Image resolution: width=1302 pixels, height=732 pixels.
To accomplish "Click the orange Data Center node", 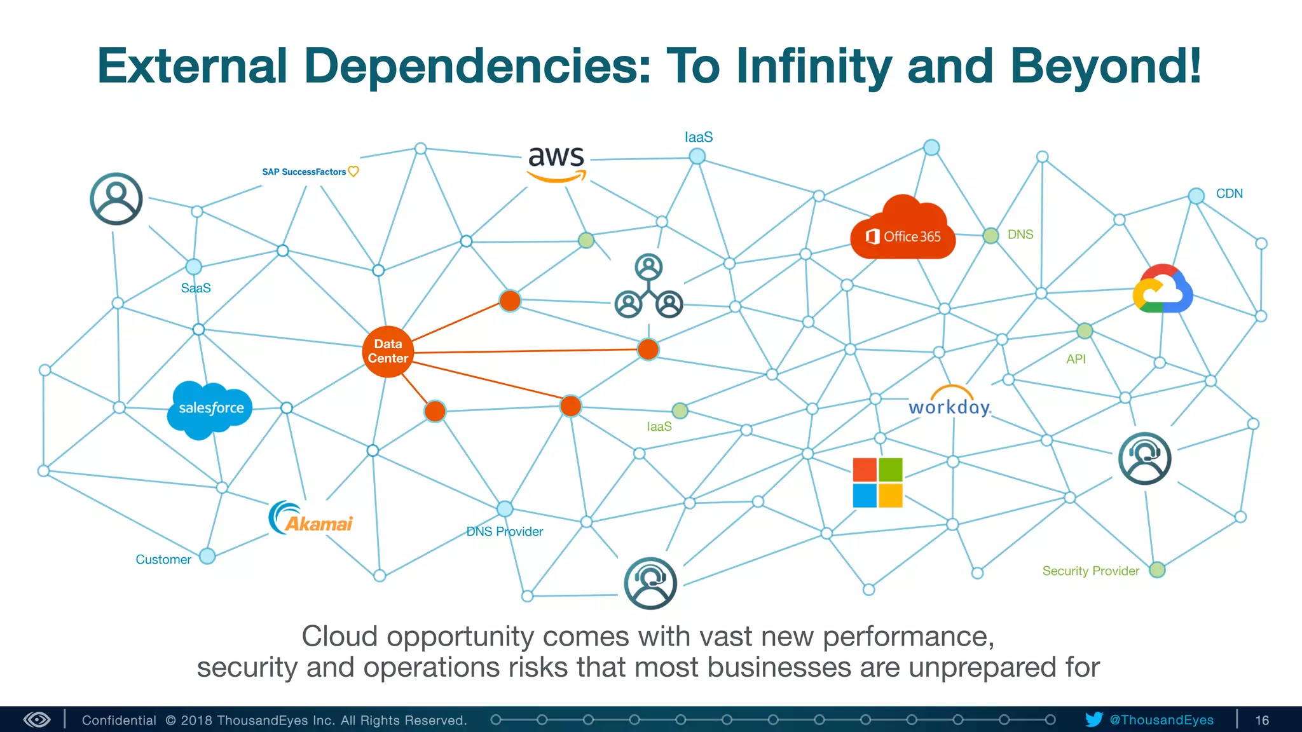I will pos(388,351).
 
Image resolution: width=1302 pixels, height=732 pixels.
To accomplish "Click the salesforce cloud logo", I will pos(210,409).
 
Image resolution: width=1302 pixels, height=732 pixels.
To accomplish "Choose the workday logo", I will pos(950,403).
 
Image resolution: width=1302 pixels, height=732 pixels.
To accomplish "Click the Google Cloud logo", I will pos(1162,290).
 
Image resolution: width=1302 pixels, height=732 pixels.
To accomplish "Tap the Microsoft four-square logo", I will pos(877,482).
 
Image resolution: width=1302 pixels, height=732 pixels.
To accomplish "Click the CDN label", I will pos(1229,194).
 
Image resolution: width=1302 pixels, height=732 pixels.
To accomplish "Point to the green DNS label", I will pos(1020,234).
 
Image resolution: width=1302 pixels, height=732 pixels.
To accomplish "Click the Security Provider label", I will pos(1090,571).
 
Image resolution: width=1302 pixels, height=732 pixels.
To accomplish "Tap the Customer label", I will pos(163,559).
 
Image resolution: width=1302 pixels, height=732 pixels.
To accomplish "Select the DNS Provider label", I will pos(505,531).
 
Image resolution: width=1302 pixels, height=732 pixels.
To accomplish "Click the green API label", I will pos(1076,359).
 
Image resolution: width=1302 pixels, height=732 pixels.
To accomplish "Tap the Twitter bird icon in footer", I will pos(1093,719).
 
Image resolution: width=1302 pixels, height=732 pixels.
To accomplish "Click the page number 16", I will pos(1262,720).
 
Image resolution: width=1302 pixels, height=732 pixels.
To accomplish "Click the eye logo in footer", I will pos(37,719).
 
